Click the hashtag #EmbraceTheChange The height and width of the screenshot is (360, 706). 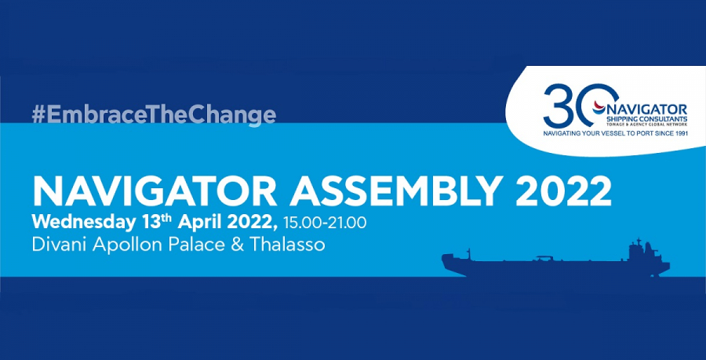click(154, 115)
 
